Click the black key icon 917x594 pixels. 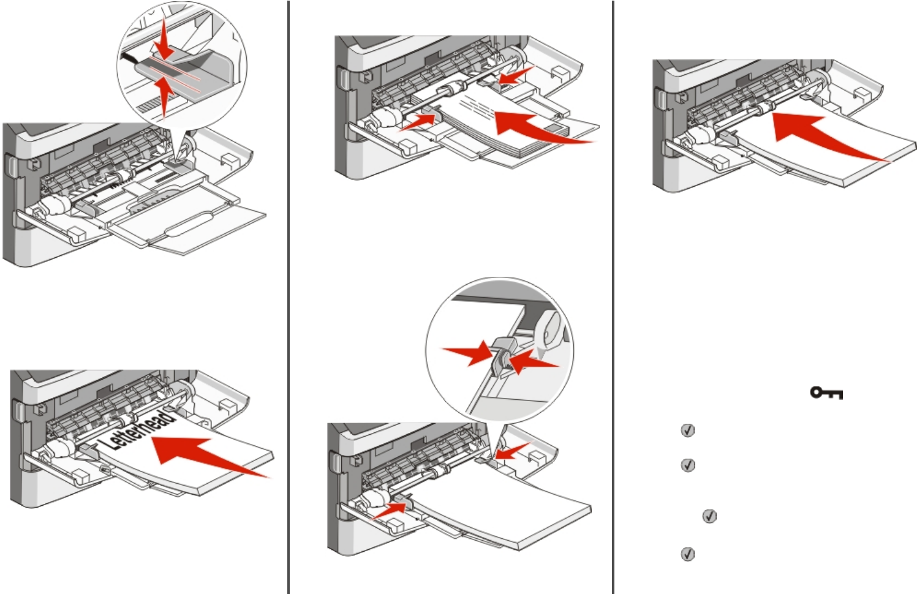point(826,393)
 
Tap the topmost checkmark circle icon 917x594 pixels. point(688,430)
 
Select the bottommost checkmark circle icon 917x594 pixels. point(688,554)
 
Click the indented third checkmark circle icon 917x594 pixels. point(709,516)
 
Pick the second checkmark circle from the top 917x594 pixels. point(688,465)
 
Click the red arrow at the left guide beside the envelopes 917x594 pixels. point(419,121)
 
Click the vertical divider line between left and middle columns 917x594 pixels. point(289,297)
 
